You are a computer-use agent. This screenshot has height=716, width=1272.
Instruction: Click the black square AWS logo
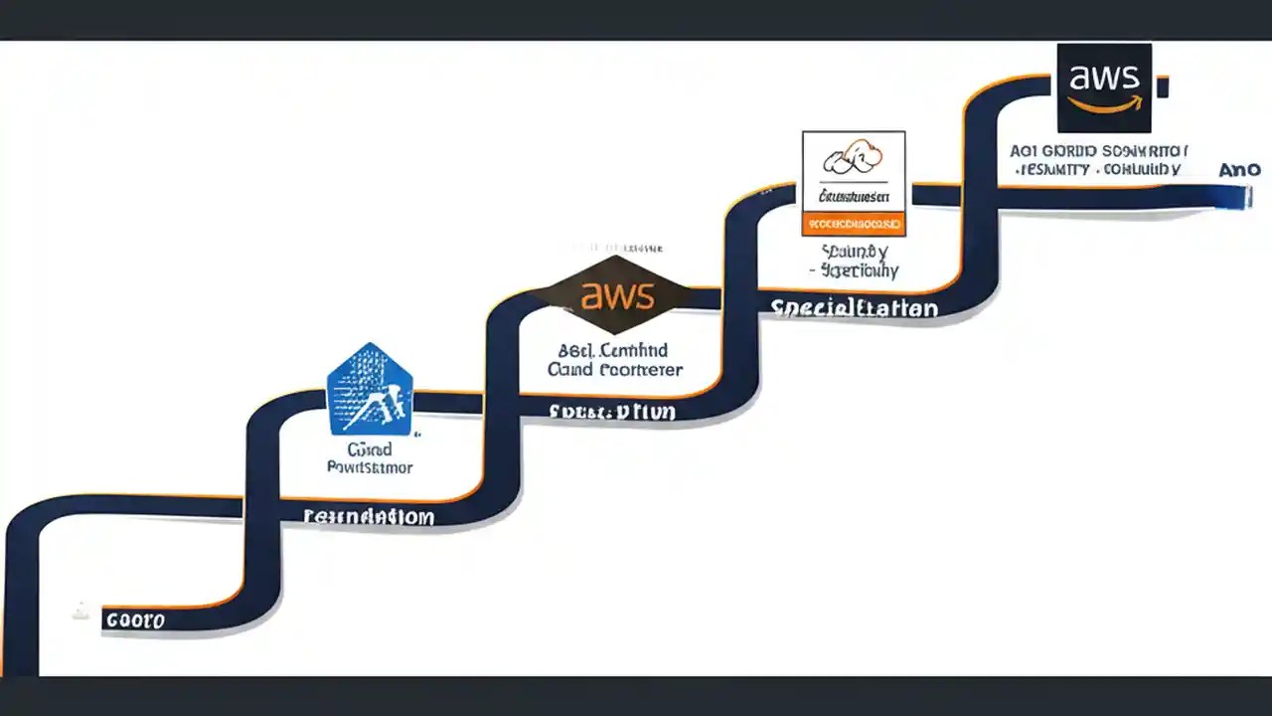pyautogui.click(x=1104, y=88)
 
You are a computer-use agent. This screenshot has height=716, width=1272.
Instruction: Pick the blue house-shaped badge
pyautogui.click(x=370, y=390)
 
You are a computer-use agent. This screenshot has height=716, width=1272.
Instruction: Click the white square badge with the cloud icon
pyautogui.click(x=854, y=183)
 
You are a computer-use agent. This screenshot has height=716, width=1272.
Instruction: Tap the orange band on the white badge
pyautogui.click(x=854, y=224)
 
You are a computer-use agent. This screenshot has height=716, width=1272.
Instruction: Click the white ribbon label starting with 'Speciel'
pyautogui.click(x=855, y=308)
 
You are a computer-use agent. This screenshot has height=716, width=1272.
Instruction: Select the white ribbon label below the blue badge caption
pyautogui.click(x=369, y=517)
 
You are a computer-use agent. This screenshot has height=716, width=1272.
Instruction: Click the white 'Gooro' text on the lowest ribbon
pyautogui.click(x=135, y=621)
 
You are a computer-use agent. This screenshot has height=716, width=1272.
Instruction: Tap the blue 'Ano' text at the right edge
pyautogui.click(x=1239, y=170)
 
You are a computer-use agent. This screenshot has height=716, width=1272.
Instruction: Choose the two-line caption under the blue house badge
pyautogui.click(x=370, y=458)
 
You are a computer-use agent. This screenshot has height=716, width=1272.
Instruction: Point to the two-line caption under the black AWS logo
pyautogui.click(x=1099, y=160)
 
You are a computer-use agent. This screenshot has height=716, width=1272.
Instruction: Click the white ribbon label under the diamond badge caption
pyautogui.click(x=613, y=411)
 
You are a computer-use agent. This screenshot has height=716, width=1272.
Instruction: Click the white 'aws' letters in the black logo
pyautogui.click(x=1104, y=78)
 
